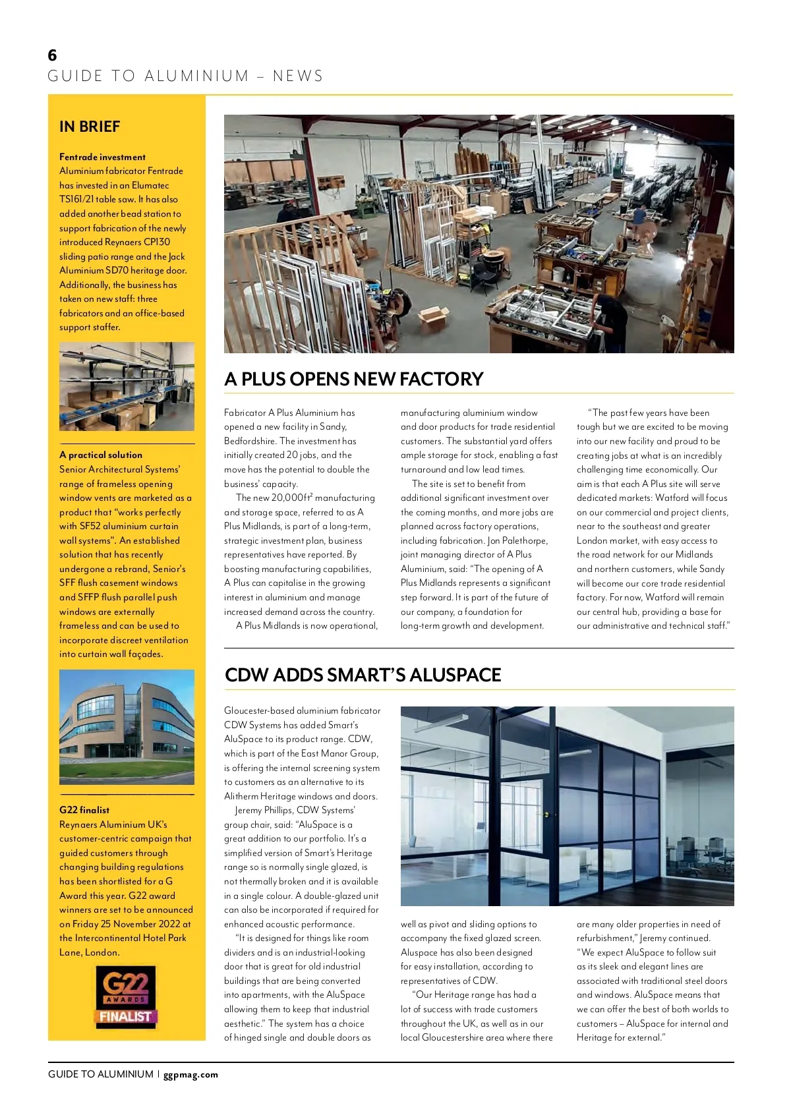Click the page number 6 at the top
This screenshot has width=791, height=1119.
click(53, 55)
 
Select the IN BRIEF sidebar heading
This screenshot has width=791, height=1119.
click(90, 127)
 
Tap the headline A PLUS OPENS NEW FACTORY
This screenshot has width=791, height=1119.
click(354, 379)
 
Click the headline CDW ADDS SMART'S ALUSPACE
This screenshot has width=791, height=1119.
click(363, 675)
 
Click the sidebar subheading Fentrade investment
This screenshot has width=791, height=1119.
click(102, 157)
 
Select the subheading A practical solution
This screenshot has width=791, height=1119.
click(101, 455)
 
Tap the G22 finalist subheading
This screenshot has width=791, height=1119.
click(84, 810)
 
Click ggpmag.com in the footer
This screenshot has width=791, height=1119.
click(190, 1074)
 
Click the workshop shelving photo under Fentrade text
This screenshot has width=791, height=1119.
click(127, 386)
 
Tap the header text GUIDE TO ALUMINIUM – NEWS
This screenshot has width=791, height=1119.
click(185, 76)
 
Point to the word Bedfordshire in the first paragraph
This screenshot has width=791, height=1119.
click(249, 441)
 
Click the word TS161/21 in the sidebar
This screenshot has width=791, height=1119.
click(76, 199)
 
